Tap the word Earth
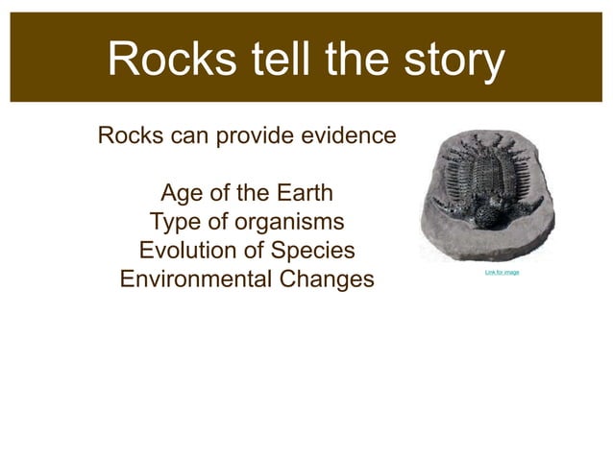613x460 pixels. pyautogui.click(x=301, y=193)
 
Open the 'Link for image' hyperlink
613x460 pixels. pyautogui.click(x=502, y=273)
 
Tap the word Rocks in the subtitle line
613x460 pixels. pyautogui.click(x=127, y=135)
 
